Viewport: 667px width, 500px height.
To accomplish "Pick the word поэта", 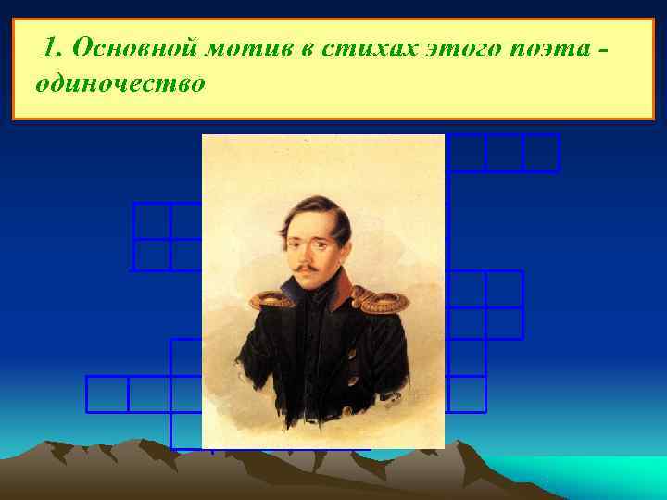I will click(545, 47).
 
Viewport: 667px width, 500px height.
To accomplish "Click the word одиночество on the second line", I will click(120, 83).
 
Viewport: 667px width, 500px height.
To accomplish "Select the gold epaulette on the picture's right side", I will click(381, 299).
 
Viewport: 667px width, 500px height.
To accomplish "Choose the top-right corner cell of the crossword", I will click(541, 153).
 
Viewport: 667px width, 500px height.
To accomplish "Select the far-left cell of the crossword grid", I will click(107, 394).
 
